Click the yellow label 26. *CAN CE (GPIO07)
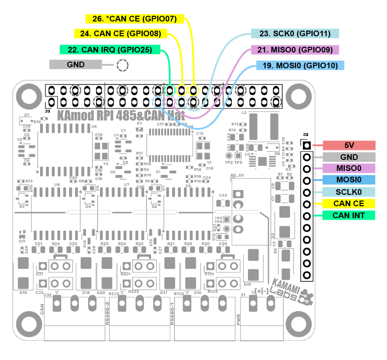click(134, 19)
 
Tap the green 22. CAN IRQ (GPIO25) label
click(110, 49)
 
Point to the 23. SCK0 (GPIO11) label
click(295, 34)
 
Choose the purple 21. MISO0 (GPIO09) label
click(295, 50)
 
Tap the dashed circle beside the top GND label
click(123, 65)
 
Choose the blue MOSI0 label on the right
click(349, 180)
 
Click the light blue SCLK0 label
click(349, 192)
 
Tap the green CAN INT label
click(349, 216)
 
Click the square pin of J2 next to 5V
click(307, 146)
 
